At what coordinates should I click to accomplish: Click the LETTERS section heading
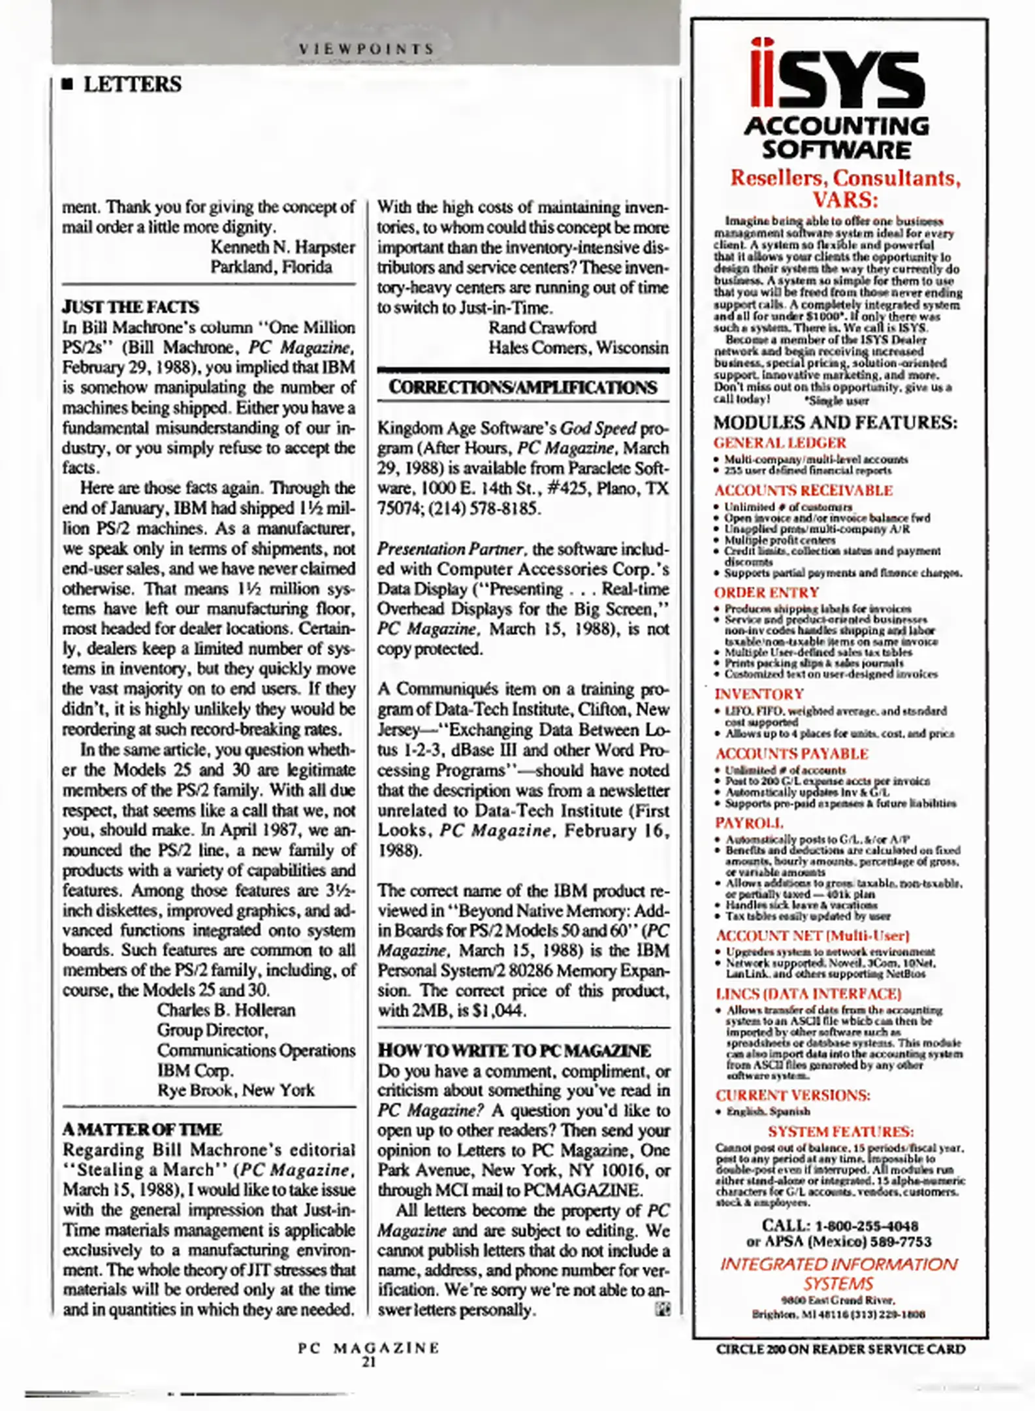point(132,84)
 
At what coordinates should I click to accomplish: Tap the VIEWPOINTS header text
point(366,49)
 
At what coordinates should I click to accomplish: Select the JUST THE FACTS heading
point(131,307)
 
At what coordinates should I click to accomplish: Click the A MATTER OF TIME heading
point(142,1129)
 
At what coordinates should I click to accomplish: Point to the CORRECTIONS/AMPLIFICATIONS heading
point(523,387)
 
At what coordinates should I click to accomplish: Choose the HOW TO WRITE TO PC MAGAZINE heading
point(515,1050)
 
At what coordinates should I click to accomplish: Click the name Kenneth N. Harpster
point(283,247)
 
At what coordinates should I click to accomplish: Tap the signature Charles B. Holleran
point(226,1010)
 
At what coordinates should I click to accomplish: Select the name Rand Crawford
point(542,327)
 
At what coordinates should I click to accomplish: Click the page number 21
point(369,1362)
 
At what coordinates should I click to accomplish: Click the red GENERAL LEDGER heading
point(780,443)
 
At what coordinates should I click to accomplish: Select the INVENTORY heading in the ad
point(759,694)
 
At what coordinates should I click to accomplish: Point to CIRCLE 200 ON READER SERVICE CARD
point(840,1349)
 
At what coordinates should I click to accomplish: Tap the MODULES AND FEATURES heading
point(835,422)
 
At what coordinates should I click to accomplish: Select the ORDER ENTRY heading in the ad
point(767,592)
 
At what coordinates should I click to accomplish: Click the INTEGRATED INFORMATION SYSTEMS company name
point(838,1274)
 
